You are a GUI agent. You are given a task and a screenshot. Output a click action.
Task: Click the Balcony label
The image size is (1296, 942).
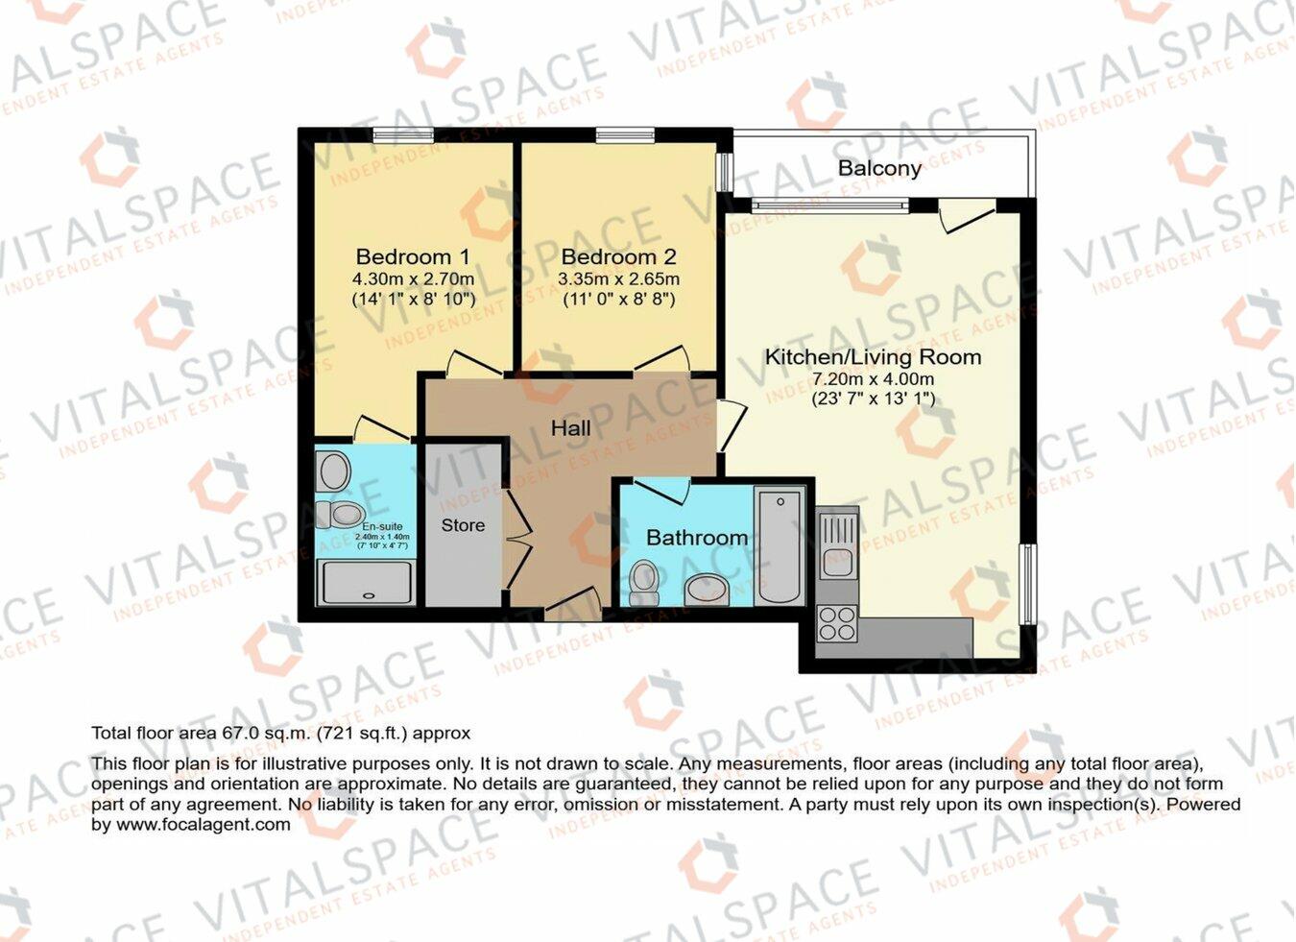[x=879, y=169]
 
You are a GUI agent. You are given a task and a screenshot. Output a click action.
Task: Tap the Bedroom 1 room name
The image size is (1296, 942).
[x=413, y=257]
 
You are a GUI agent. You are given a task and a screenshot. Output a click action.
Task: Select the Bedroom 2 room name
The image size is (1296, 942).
[x=618, y=257]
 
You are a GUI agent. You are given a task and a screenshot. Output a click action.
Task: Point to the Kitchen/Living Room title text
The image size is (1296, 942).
[x=873, y=357]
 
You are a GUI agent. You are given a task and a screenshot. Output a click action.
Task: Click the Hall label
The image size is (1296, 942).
[x=570, y=428]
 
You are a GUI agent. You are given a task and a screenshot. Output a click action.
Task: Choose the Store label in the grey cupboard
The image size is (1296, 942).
[x=463, y=525]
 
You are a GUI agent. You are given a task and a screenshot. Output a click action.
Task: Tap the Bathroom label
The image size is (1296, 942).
[x=696, y=538]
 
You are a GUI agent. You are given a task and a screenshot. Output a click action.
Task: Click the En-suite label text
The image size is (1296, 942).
[x=382, y=526]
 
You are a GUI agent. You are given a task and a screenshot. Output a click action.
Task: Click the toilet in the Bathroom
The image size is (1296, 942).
[x=644, y=582]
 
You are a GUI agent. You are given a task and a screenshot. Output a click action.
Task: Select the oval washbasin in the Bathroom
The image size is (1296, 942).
[x=708, y=589]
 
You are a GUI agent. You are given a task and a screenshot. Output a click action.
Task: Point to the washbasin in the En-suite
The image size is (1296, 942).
[x=334, y=471]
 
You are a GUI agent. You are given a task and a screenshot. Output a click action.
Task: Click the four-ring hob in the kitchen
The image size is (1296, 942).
[x=836, y=623]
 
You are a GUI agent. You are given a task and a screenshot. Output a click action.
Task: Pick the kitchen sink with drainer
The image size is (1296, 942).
[x=837, y=543]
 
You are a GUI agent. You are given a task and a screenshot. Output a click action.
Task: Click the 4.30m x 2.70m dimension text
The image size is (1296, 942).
[x=413, y=279]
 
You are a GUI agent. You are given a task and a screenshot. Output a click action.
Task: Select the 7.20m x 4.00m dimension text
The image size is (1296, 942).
[x=873, y=379]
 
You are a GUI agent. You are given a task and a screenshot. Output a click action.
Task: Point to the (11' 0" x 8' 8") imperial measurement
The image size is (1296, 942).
[x=618, y=300]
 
